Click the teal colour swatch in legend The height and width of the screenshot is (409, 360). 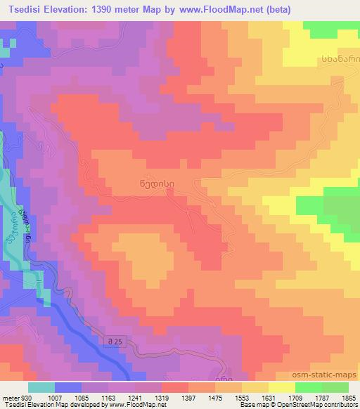pyautogui.click(x=41, y=387)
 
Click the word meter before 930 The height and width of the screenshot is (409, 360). pyautogui.click(x=10, y=397)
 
